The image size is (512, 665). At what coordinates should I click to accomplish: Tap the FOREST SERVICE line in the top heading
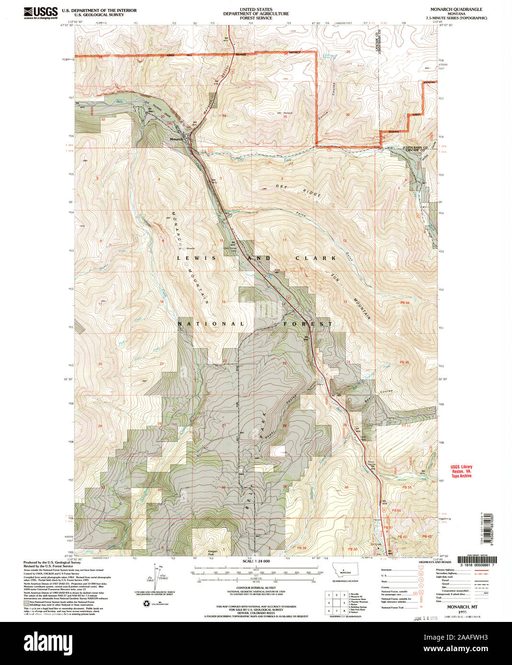click(256, 18)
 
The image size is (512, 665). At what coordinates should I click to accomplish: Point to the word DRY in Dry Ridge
click(282, 186)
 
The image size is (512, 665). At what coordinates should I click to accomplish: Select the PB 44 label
click(405, 303)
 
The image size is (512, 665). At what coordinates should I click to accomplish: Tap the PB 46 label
click(405, 363)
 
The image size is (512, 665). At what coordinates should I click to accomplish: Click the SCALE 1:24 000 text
click(256, 561)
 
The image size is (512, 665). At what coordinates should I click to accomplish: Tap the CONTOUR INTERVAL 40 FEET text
click(256, 588)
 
